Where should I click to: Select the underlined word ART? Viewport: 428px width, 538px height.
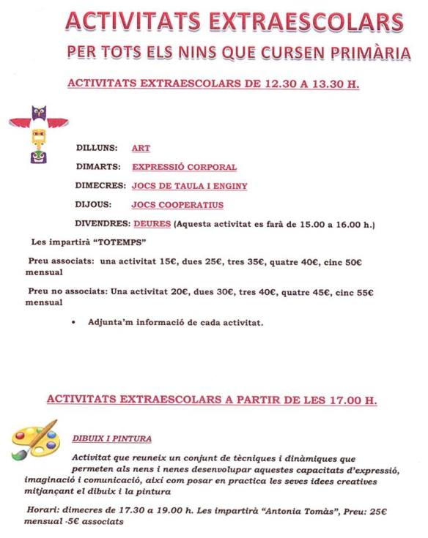tap(141, 148)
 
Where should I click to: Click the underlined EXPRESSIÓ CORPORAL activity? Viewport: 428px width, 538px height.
tap(184, 167)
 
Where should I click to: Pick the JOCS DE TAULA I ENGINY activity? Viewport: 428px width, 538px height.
tap(189, 186)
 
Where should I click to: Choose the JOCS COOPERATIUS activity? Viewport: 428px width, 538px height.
tap(177, 205)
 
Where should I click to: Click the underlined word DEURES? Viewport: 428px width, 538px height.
tap(152, 223)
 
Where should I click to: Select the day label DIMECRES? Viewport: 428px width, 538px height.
tap(100, 186)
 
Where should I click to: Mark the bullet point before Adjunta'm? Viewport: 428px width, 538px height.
tap(75, 322)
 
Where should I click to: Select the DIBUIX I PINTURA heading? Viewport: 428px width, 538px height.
tap(112, 438)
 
